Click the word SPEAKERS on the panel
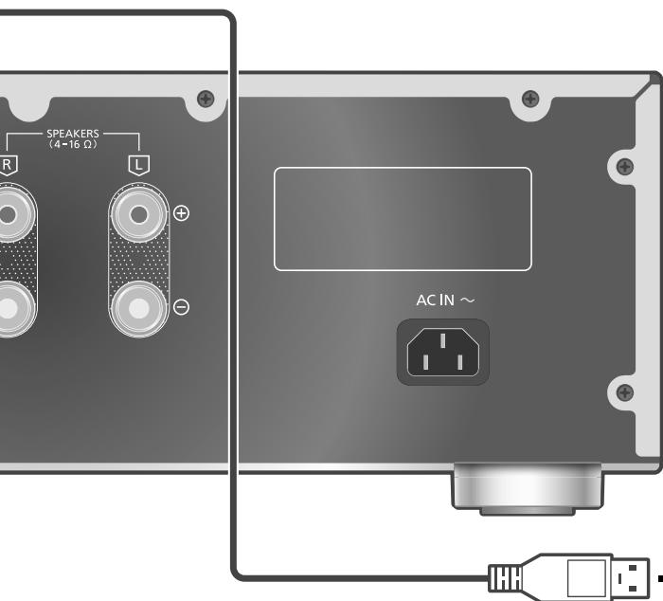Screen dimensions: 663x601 tap(73, 134)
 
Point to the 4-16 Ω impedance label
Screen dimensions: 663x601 tap(73, 144)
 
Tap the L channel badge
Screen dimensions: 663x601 tap(138, 165)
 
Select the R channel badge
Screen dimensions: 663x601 tap(8, 165)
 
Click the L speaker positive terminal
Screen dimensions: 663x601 tap(139, 214)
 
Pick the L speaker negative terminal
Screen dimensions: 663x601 tap(139, 309)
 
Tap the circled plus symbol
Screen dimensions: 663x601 tap(182, 213)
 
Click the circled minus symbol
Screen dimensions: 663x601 tap(182, 307)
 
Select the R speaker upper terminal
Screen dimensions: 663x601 tap(10, 214)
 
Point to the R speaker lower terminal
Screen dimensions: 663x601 tap(10, 309)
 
